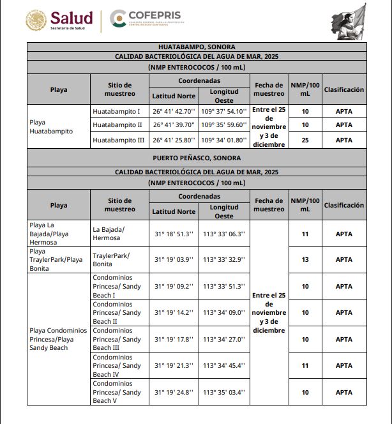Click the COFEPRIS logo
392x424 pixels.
(x=145, y=19)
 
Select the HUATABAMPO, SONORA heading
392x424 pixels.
(x=197, y=47)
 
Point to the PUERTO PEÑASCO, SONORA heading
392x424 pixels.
(x=197, y=158)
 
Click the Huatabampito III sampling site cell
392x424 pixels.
(x=118, y=140)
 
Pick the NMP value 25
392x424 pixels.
(x=305, y=140)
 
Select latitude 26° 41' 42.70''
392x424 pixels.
(x=174, y=112)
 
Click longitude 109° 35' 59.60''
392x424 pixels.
(x=223, y=125)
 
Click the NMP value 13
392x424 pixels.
(x=305, y=260)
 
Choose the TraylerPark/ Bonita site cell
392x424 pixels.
(x=112, y=260)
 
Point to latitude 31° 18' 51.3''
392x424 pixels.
(x=174, y=234)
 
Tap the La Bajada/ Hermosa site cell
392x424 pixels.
(x=109, y=234)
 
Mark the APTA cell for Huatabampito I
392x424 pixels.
(x=344, y=112)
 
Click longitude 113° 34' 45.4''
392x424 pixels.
(x=223, y=366)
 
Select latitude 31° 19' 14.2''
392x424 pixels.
(x=174, y=313)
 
